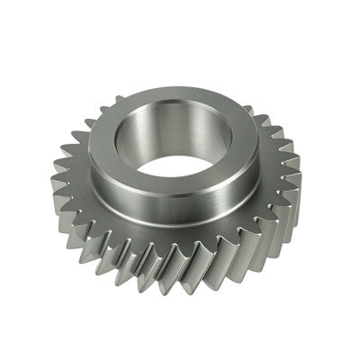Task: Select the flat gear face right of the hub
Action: click(270, 180)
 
